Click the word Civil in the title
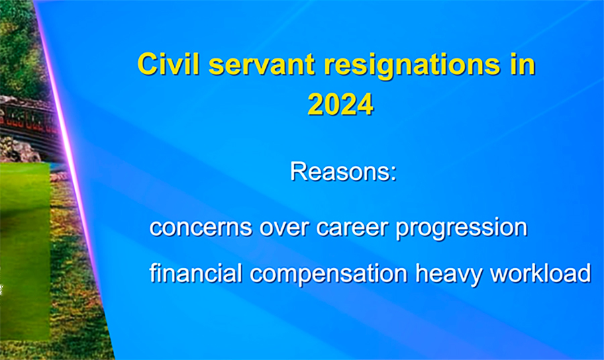coord(168,64)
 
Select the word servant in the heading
coord(262,66)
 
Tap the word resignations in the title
coord(412,66)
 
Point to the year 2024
coord(340,104)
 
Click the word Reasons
coord(340,171)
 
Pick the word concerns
coord(200,228)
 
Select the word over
coord(285,228)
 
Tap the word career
coord(352,228)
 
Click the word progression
coord(462,229)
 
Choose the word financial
coord(196,273)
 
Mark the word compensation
coord(329,275)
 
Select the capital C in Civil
coord(147,64)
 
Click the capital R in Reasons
coord(298,171)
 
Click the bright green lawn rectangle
coord(25,251)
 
